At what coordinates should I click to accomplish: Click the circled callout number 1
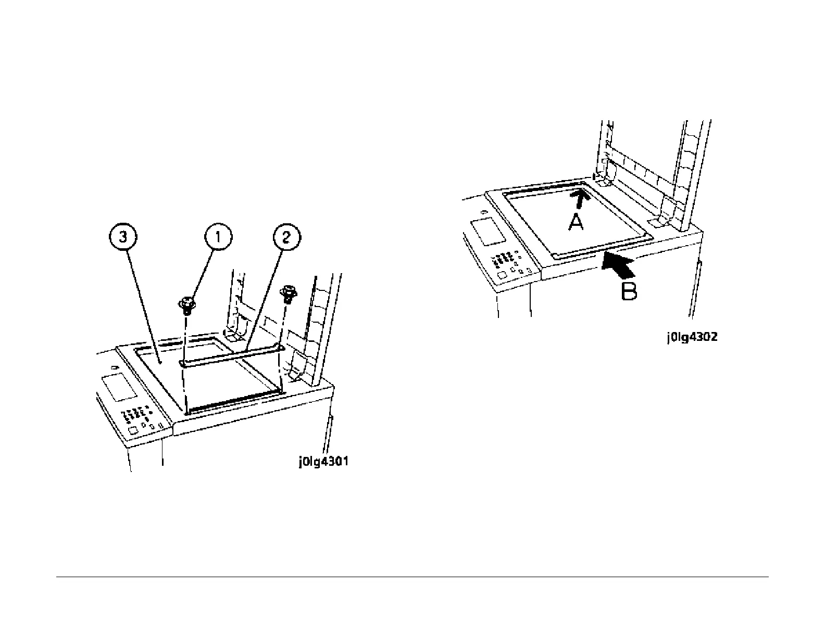pos(218,237)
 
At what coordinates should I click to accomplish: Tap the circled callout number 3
pos(122,237)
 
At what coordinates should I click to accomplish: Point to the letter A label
pos(576,222)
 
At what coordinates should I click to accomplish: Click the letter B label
pos(629,290)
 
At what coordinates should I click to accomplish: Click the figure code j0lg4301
pos(323,462)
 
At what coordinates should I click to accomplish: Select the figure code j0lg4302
pos(692,337)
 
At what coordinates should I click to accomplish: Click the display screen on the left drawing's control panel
pos(119,387)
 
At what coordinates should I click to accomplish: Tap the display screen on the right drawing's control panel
pos(488,232)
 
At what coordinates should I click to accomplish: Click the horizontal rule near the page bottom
pos(412,577)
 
